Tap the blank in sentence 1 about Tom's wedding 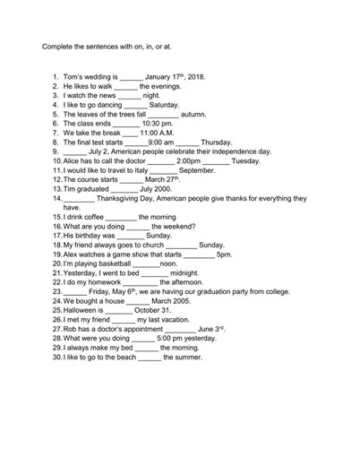click(131, 77)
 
